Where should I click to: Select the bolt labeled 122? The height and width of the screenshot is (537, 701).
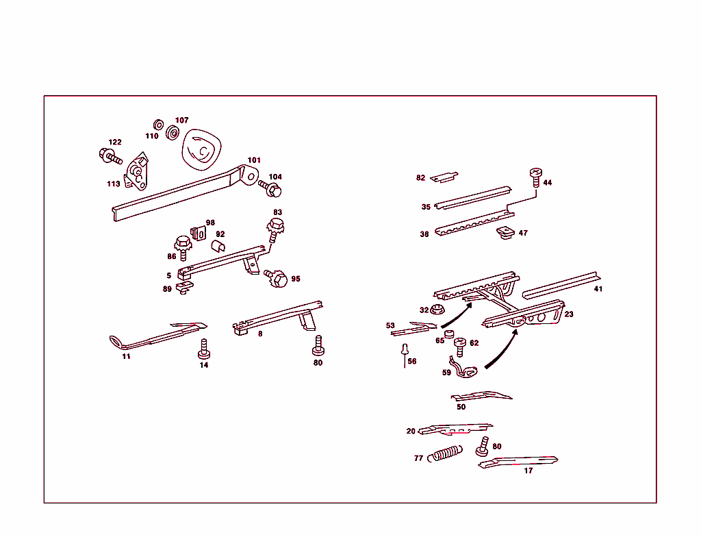110,157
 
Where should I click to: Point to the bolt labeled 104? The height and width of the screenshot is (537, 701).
270,187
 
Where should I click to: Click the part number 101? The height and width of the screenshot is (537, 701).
254,160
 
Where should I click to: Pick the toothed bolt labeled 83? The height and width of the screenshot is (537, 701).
275,227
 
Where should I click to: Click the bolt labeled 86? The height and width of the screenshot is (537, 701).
183,246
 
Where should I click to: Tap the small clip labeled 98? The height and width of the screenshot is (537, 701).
199,232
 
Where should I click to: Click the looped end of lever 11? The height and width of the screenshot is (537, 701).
116,340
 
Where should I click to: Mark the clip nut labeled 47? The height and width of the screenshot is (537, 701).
506,234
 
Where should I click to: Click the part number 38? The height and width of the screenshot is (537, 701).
424,234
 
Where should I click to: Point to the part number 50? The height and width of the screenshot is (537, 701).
461,407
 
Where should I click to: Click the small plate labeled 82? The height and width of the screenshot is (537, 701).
444,177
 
